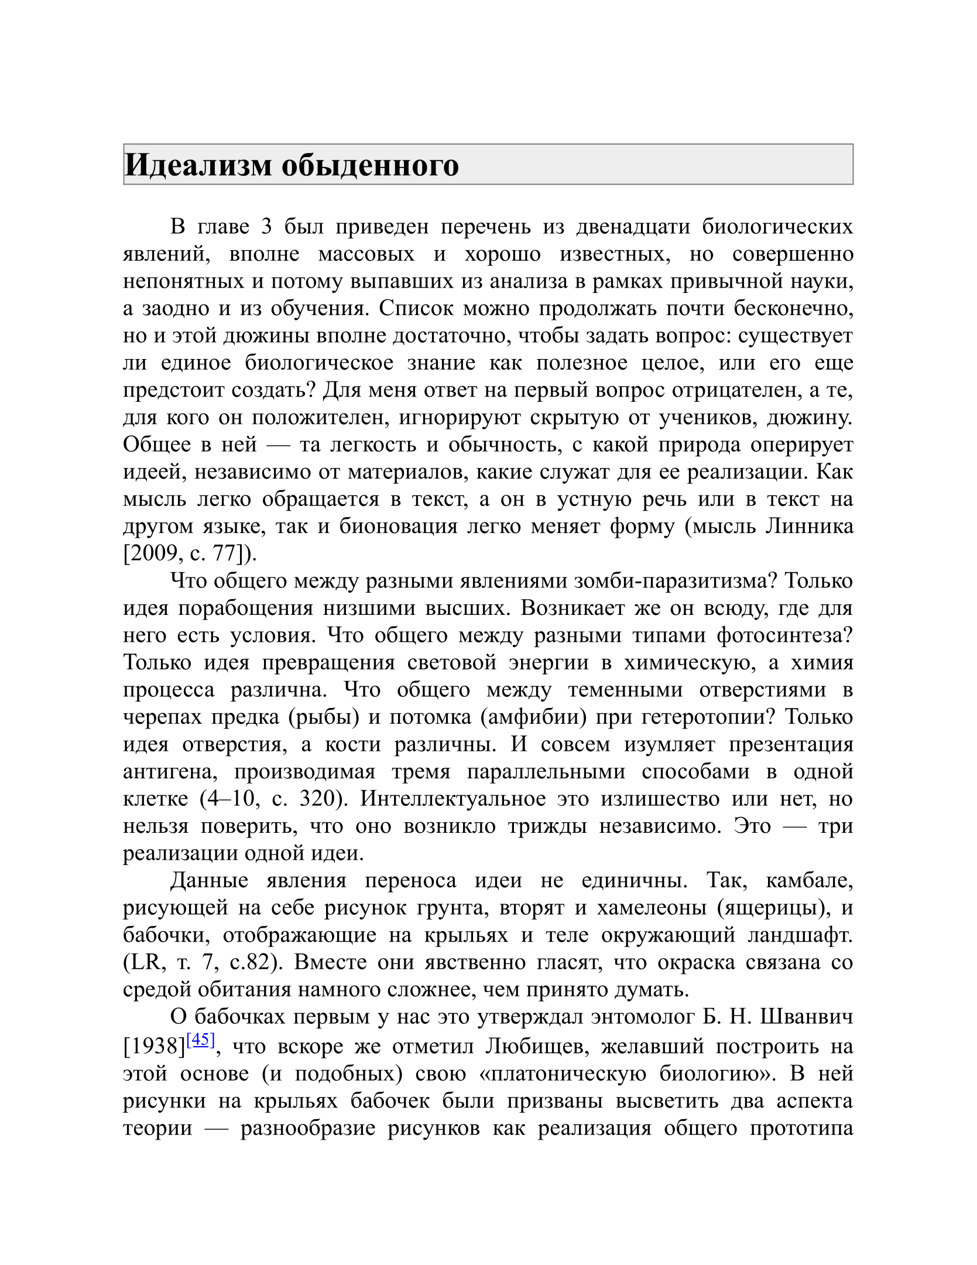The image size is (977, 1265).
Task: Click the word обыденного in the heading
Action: tap(370, 165)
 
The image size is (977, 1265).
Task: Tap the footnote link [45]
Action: tap(201, 1040)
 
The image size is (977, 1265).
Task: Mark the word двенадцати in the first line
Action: tap(633, 227)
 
